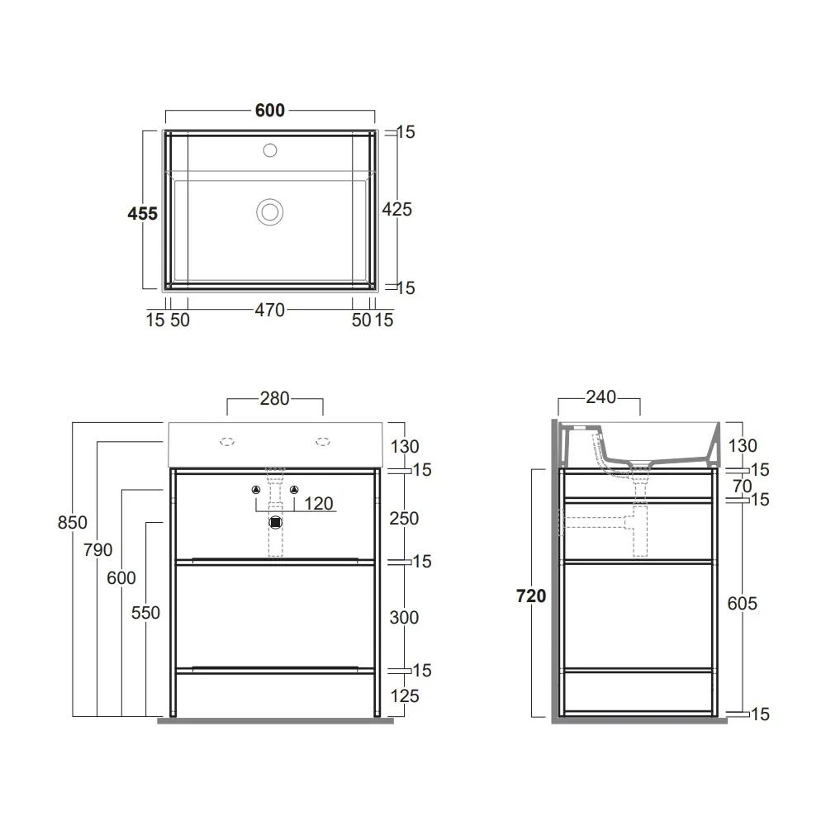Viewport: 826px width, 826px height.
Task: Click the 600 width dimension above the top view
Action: coord(270,111)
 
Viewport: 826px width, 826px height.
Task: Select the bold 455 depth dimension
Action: coord(142,214)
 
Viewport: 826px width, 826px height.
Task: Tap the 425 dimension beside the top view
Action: coord(396,210)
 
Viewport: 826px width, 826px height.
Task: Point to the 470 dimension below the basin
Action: coord(270,311)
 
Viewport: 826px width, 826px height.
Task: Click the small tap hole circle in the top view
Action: coord(270,150)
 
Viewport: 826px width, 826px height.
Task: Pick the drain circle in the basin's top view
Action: coord(270,211)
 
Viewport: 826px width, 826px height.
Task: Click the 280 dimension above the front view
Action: coord(274,399)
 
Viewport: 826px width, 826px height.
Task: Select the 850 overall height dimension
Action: coord(72,523)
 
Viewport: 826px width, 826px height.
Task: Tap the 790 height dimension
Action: coord(97,550)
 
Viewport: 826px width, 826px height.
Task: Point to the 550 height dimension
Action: coord(145,613)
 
